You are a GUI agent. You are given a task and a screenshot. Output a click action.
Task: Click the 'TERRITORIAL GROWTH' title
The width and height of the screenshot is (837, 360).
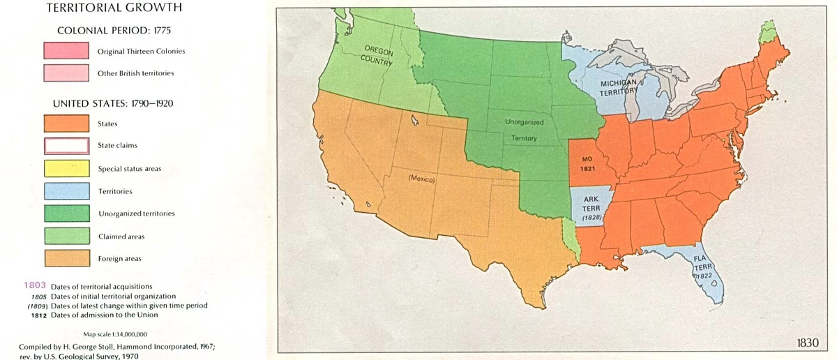[114, 8]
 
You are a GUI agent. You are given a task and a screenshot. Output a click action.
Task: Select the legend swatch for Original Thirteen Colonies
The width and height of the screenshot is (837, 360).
[66, 51]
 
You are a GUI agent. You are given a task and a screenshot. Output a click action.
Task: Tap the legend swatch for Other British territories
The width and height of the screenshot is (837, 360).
[66, 73]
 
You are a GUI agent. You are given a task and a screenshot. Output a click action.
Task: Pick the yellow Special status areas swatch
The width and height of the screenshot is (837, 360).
[66, 169]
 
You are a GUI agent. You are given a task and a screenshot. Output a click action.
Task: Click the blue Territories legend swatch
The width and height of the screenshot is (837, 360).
[66, 191]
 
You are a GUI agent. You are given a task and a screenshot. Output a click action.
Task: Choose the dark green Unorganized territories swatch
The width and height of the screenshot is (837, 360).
[66, 213]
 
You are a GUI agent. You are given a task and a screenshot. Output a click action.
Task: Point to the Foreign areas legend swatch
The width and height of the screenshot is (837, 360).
[66, 259]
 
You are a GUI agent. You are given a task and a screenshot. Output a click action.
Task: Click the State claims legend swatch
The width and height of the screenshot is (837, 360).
[66, 146]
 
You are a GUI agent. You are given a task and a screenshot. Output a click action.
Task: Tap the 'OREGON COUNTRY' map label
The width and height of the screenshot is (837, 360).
[378, 55]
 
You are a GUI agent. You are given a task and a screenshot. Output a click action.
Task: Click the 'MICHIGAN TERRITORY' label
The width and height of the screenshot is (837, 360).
[619, 87]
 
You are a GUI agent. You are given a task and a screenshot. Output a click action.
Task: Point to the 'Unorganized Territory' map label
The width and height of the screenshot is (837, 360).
[524, 130]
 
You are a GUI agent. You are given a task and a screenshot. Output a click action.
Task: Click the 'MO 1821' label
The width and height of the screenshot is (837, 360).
[587, 164]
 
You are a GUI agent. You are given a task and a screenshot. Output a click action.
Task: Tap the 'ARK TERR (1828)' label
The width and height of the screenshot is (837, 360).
[591, 208]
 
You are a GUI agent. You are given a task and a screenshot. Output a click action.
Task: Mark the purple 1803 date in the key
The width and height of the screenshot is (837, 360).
[34, 286]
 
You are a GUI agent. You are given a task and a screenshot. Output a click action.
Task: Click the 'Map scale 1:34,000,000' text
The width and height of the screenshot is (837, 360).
[115, 334]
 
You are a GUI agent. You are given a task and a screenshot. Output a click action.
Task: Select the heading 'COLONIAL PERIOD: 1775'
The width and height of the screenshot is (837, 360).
[114, 31]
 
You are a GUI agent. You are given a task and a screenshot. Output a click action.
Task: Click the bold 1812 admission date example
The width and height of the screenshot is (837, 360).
[38, 315]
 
